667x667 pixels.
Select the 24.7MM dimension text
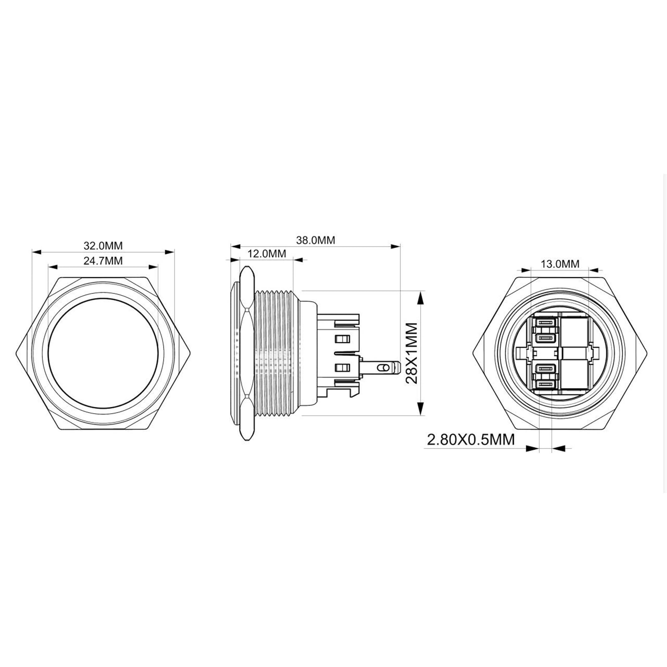(x=103, y=261)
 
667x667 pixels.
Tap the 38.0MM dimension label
(x=316, y=240)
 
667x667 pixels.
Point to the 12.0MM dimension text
(x=267, y=253)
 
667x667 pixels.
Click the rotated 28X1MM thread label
(x=411, y=354)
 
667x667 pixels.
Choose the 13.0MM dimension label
(x=560, y=264)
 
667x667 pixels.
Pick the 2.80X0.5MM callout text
(x=471, y=439)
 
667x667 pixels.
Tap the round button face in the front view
(x=103, y=354)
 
